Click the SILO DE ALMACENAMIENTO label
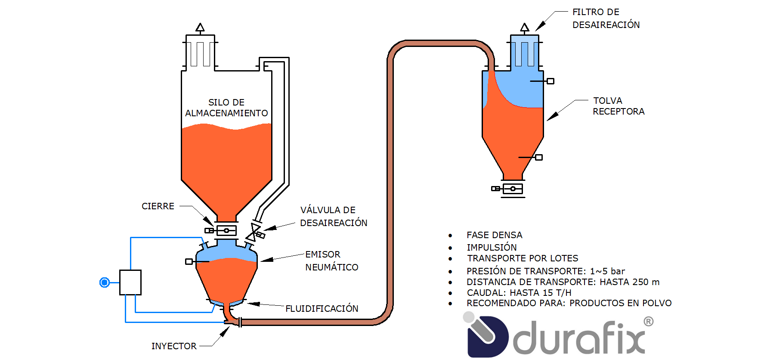[x=226, y=108]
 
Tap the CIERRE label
[x=158, y=206]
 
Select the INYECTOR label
[x=173, y=346]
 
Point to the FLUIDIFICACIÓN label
[x=322, y=309]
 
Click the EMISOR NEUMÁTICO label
[x=331, y=261]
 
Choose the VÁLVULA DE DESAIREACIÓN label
[x=334, y=216]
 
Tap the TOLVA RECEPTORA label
[x=618, y=106]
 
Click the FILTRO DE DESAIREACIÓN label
[x=606, y=19]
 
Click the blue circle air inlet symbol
[x=105, y=282]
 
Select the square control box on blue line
[x=130, y=282]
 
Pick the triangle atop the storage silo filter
[x=200, y=28]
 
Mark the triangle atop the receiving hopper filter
[x=524, y=28]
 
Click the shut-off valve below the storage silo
[x=226, y=230]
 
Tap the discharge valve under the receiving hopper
[x=512, y=189]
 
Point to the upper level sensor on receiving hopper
[x=550, y=81]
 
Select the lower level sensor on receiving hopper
[x=538, y=158]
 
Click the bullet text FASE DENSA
[x=494, y=235]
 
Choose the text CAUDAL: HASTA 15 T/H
[x=519, y=293]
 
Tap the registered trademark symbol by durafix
[x=648, y=322]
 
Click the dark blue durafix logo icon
[x=487, y=337]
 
